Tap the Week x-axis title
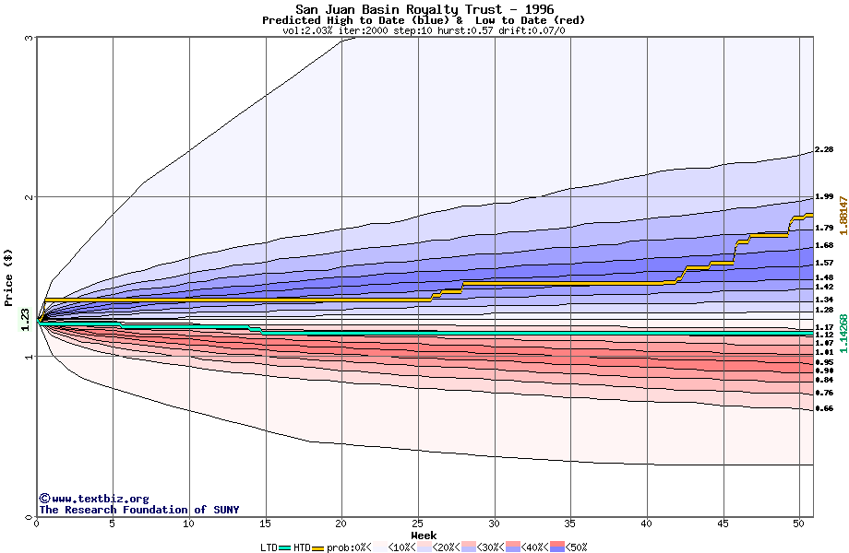(424, 535)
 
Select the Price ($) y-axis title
(8, 276)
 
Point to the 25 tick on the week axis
(419, 524)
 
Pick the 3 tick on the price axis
(30, 38)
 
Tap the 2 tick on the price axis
(30, 197)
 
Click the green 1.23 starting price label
(25, 319)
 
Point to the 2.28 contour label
(824, 149)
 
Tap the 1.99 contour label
(824, 196)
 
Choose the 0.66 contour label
(824, 408)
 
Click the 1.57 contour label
(824, 263)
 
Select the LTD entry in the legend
(269, 547)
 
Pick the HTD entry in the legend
(301, 547)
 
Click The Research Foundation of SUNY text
(138, 510)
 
